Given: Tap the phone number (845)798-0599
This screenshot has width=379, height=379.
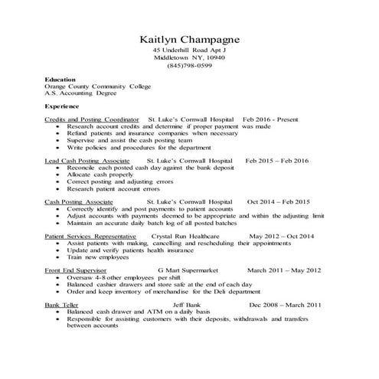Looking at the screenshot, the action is tap(189, 65).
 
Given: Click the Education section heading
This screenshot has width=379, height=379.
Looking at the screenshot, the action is tap(60, 80).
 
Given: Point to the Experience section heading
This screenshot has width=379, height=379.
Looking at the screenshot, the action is tap(62, 106).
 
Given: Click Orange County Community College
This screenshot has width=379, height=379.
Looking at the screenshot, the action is tap(98, 87).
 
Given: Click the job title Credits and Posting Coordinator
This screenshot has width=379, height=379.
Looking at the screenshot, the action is tap(92, 120).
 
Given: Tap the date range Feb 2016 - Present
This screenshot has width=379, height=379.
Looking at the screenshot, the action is tap(270, 120).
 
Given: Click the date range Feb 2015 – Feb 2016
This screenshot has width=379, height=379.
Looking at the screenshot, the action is tap(276, 161).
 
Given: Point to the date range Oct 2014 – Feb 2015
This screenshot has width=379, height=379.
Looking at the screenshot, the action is tap(279, 201).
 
